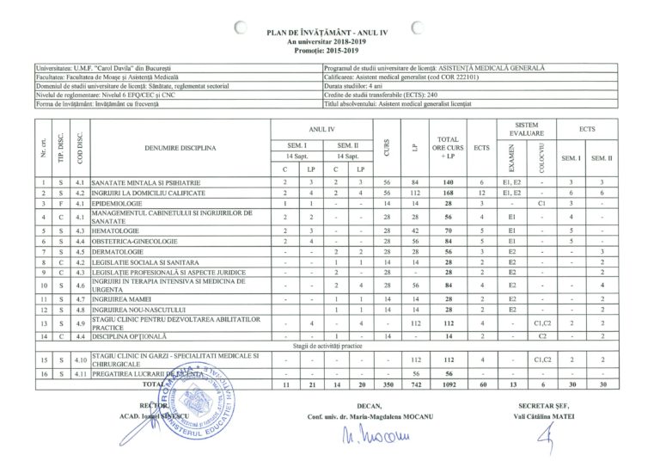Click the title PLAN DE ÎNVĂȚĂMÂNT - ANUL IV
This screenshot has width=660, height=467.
coord(329,32)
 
